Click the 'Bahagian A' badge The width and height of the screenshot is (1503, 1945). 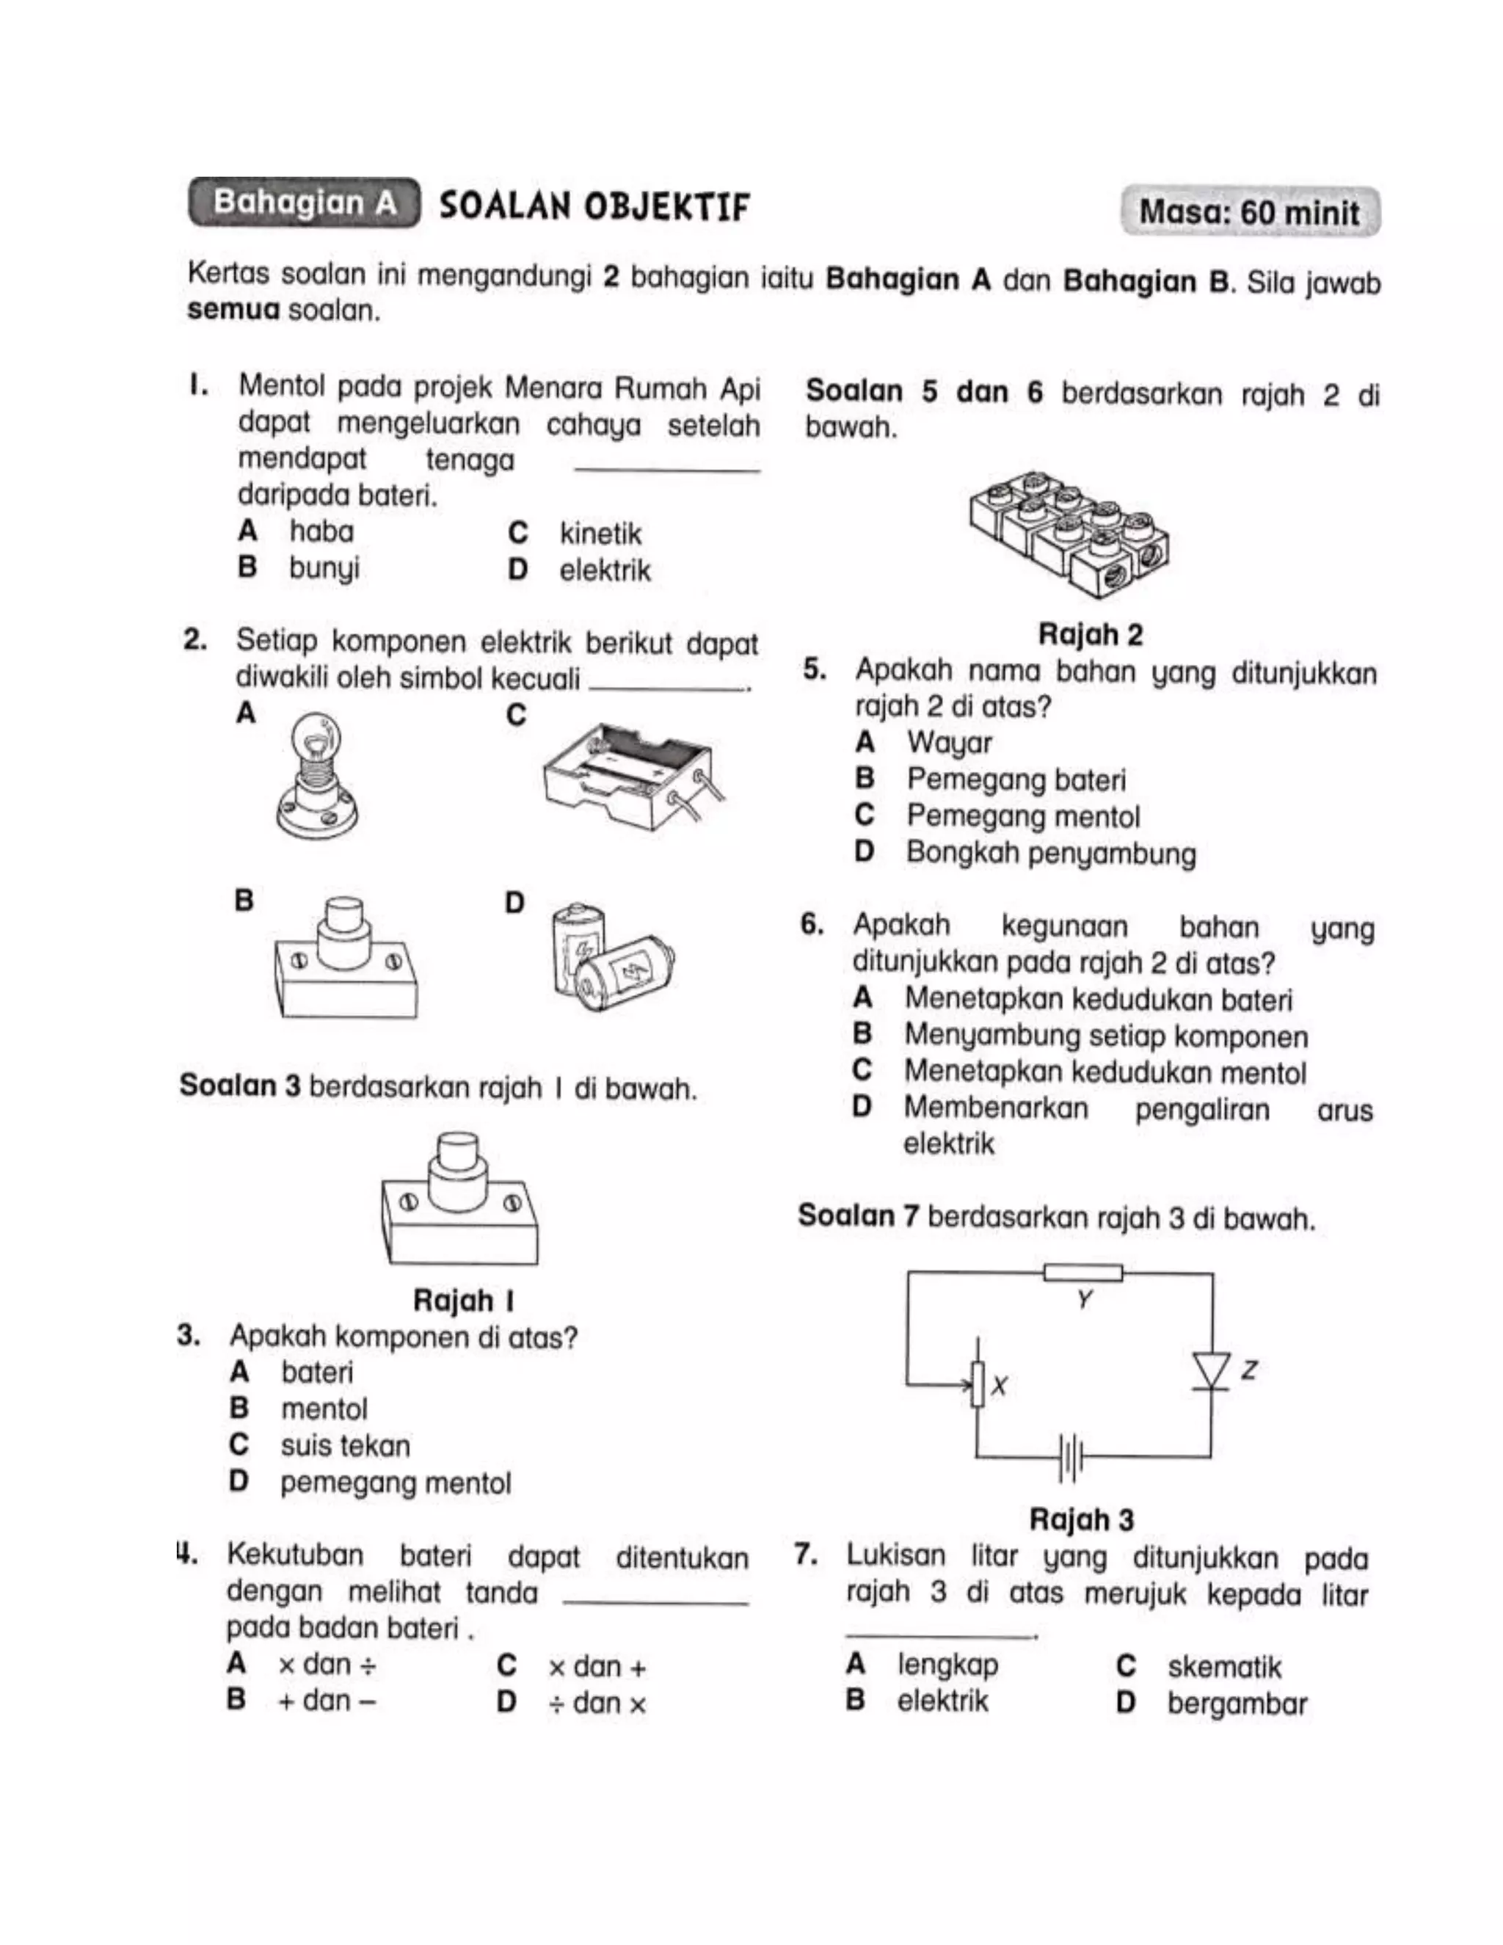304,203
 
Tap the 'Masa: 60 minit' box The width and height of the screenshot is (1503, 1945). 1249,212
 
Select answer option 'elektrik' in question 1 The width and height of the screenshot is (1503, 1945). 605,570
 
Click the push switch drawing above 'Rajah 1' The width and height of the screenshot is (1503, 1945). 459,1198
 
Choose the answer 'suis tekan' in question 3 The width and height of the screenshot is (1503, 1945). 346,1445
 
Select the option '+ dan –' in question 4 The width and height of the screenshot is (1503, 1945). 326,1700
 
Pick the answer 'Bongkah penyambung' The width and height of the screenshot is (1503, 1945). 1051,852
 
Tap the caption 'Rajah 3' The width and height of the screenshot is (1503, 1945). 1081,1519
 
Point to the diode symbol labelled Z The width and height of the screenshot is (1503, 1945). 1211,1370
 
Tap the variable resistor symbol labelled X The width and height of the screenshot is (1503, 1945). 978,1384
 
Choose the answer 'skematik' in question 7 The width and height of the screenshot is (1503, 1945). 1223,1666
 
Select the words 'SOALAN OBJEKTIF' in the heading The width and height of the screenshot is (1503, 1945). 594,207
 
